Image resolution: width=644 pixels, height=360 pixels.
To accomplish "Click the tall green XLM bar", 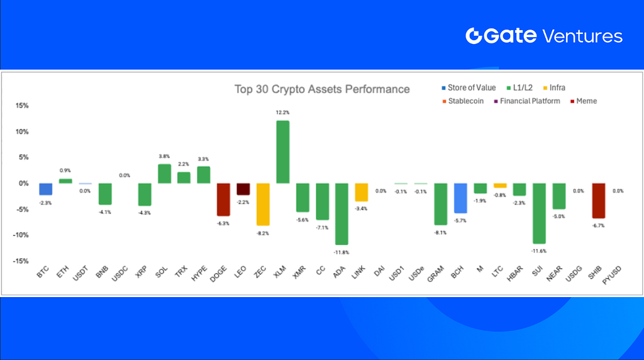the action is [282, 152].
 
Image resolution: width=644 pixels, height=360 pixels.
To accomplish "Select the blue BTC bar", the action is [45, 189].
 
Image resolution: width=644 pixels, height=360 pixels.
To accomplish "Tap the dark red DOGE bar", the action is [223, 200].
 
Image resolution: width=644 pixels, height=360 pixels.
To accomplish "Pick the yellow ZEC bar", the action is [263, 205].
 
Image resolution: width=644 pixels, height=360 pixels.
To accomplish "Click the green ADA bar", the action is [341, 214].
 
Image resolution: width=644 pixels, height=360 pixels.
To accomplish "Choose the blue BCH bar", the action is [460, 198].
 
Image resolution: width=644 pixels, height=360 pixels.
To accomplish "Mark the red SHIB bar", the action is [599, 201].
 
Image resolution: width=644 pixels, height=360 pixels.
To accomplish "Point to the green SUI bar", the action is [539, 213].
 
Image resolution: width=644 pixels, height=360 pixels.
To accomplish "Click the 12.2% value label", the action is [282, 113].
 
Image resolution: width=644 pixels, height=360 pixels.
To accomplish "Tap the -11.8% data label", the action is [341, 252].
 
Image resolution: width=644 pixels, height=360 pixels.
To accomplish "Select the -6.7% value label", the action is [599, 225].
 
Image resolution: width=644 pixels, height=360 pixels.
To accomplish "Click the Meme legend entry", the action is [583, 101].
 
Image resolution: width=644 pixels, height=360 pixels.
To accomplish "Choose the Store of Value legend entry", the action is [469, 87].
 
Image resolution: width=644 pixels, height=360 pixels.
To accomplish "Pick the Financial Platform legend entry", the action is [527, 101].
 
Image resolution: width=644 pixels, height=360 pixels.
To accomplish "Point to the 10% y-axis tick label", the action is [22, 132].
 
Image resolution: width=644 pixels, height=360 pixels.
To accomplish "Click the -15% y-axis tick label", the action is [21, 261].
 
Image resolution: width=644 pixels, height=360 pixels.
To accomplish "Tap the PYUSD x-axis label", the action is [611, 275].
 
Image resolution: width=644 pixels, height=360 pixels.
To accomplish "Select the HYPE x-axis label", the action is [199, 274].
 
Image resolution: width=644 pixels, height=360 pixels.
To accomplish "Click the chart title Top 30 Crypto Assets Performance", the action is [322, 89].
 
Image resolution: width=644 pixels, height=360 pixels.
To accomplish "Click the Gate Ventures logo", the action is [544, 36].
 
